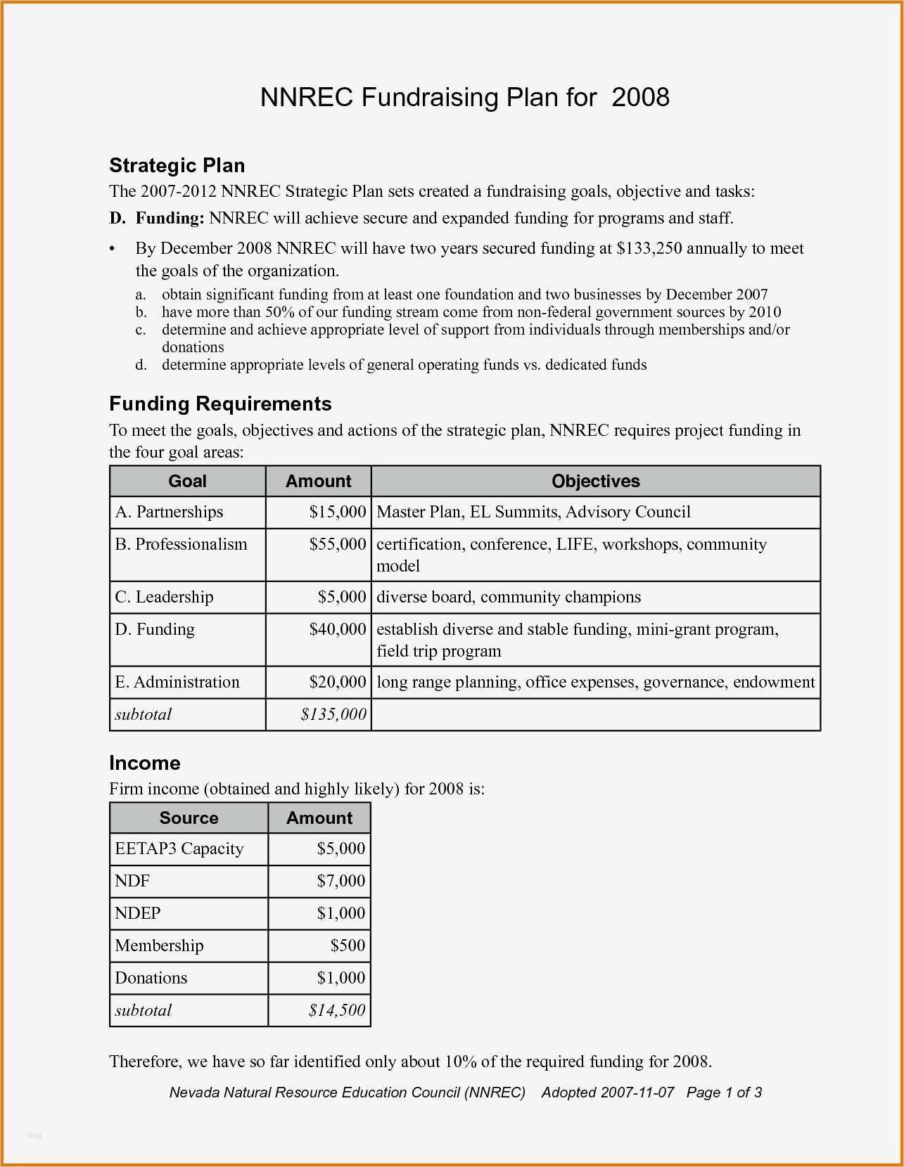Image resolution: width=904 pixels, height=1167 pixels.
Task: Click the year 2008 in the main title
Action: (x=640, y=97)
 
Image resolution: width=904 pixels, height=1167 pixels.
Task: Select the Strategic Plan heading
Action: (x=177, y=166)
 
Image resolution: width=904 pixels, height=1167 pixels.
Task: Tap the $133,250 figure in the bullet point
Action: (x=649, y=248)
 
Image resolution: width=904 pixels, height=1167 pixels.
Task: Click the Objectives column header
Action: (x=595, y=482)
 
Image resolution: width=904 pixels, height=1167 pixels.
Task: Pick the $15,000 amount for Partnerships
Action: (x=338, y=512)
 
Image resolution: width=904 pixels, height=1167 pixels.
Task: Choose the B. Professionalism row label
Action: (x=182, y=544)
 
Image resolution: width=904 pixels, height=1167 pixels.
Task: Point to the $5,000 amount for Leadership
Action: (x=342, y=598)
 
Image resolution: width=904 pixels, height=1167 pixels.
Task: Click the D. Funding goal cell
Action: (x=155, y=629)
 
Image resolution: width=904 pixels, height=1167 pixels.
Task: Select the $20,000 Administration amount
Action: (x=338, y=682)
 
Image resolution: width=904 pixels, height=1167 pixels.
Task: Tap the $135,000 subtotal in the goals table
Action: (x=333, y=714)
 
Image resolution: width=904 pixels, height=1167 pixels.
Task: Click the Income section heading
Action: (x=145, y=763)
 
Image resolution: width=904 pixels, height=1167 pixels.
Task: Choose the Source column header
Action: (x=189, y=818)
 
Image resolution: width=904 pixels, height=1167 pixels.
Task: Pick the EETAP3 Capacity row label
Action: (x=179, y=849)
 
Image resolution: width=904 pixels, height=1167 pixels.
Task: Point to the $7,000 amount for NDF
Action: (x=341, y=881)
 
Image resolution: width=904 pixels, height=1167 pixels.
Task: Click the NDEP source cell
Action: (x=138, y=913)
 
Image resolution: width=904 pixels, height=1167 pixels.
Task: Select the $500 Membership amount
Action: (x=348, y=946)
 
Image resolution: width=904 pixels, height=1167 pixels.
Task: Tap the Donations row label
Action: (x=151, y=978)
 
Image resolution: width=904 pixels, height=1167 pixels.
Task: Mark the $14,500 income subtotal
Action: (x=337, y=1010)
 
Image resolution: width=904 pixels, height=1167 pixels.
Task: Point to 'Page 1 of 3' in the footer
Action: (x=724, y=1092)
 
